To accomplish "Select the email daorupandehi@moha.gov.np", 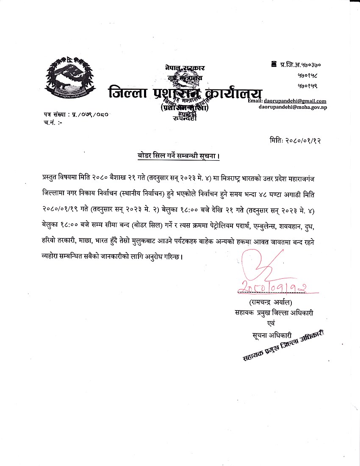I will tap(293, 107).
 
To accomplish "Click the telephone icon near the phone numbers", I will tap(274, 64).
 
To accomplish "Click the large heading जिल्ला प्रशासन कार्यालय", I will tap(186, 92).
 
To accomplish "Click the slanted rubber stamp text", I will tap(283, 345).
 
